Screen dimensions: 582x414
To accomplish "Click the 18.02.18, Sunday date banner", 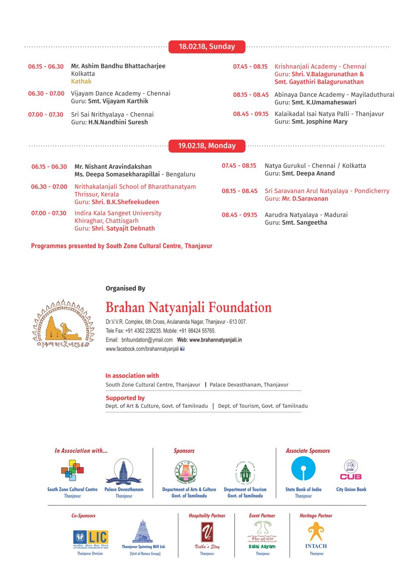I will tap(207, 47).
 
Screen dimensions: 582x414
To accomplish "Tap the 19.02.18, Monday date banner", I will tap(207, 146).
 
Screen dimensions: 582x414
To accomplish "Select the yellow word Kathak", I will tap(81, 81).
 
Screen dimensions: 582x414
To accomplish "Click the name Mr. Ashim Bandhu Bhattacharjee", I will tap(118, 66).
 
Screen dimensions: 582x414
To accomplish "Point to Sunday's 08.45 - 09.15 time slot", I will tap(250, 114).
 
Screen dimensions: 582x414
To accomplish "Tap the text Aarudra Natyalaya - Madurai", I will tap(306, 215).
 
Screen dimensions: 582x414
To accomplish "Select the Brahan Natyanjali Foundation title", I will tap(188, 308).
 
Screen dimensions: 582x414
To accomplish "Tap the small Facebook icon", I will tap(182, 349).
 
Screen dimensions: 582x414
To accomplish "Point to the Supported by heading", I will tap(125, 398).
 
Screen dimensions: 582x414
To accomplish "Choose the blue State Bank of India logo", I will tap(303, 469).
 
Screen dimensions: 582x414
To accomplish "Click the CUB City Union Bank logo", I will tap(351, 470).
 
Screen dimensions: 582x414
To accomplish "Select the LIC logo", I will tap(91, 538).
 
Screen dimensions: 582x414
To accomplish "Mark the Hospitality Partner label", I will tap(207, 516).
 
